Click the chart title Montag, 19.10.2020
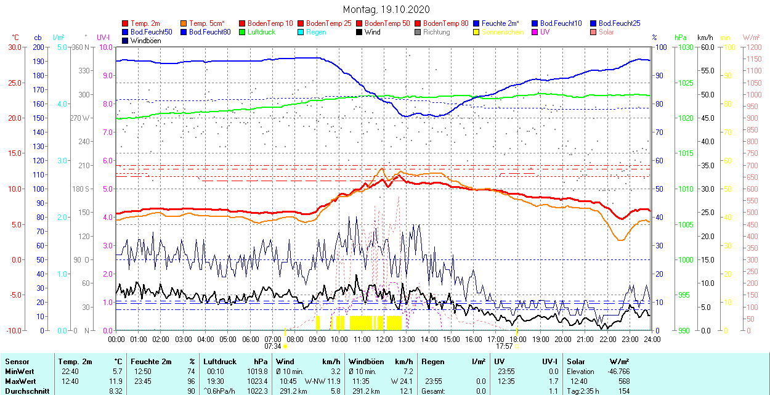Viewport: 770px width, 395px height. [386, 10]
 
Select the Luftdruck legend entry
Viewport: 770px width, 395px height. [261, 32]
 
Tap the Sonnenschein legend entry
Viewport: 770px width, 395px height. [503, 32]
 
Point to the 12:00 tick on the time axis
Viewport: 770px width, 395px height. [384, 339]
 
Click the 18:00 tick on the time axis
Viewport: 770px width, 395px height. [518, 339]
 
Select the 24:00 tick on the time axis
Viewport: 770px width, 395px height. [652, 339]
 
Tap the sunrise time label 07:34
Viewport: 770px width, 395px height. [273, 346]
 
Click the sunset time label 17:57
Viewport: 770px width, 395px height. [505, 346]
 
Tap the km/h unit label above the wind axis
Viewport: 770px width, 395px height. [705, 38]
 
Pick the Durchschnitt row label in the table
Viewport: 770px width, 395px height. [25, 391]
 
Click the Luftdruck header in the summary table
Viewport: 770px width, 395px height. [221, 362]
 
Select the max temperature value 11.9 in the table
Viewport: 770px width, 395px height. [116, 381]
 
